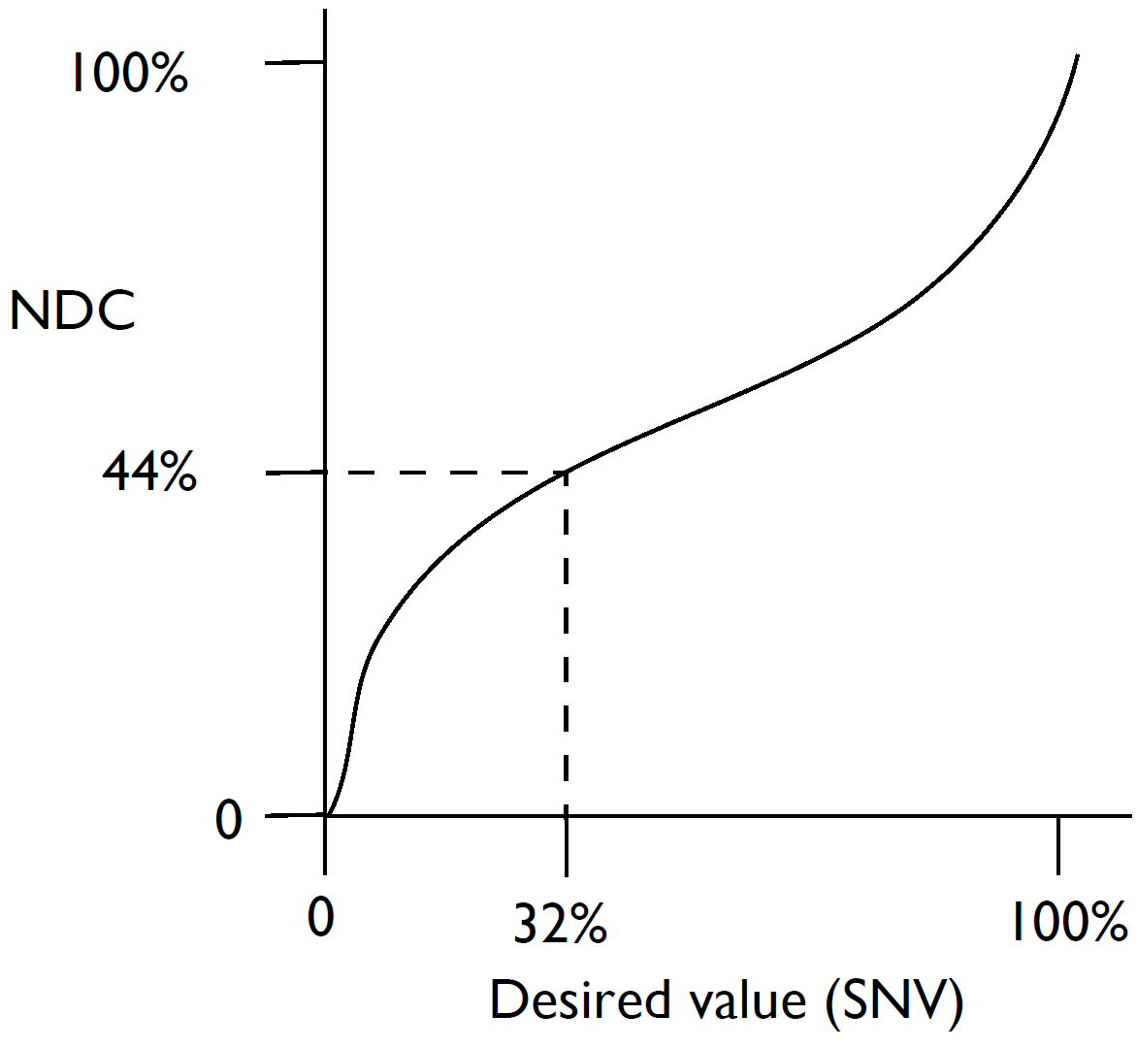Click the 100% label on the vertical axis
tap(127, 73)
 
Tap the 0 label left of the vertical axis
tap(227, 820)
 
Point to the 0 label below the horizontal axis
tap(321, 916)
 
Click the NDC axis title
tap(72, 311)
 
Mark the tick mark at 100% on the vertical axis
tap(295, 64)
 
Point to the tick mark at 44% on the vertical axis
tap(295, 474)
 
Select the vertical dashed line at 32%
tap(567, 640)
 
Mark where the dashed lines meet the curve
tap(567, 472)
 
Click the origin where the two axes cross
tap(325, 816)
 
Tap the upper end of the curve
tap(1078, 56)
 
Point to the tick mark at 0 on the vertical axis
tap(295, 816)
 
